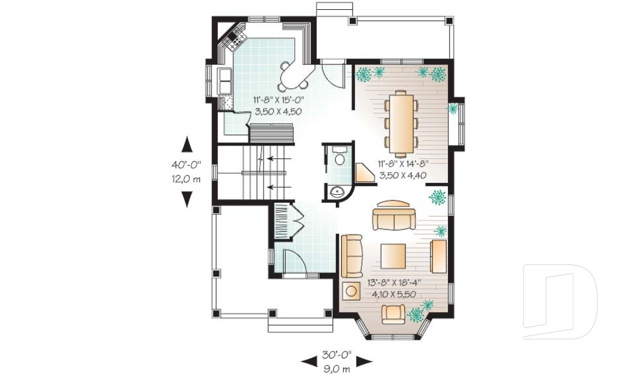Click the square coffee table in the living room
[x=393, y=256]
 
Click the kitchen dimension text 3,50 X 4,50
[x=277, y=112]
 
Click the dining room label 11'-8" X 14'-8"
[x=403, y=164]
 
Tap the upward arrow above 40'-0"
[x=187, y=144]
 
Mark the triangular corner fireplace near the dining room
[x=364, y=174]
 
